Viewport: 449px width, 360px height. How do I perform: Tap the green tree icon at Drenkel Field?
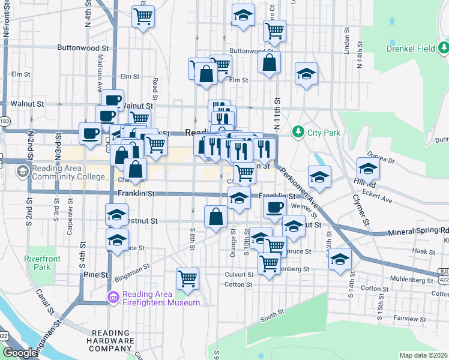pyautogui.click(x=444, y=47)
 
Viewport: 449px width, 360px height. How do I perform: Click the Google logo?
pyautogui.click(x=19, y=353)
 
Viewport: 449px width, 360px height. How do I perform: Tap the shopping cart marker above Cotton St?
pyautogui.click(x=188, y=279)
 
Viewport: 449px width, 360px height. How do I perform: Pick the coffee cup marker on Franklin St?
pyautogui.click(x=275, y=208)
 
